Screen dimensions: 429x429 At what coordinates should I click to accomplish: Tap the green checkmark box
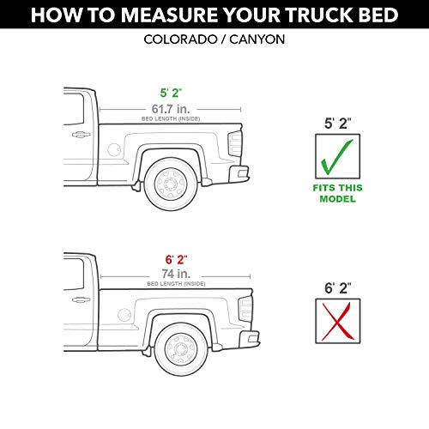pos(336,158)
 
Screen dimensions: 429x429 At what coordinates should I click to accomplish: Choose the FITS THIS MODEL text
pos(336,194)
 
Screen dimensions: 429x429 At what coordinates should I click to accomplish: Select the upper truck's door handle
pos(79,135)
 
